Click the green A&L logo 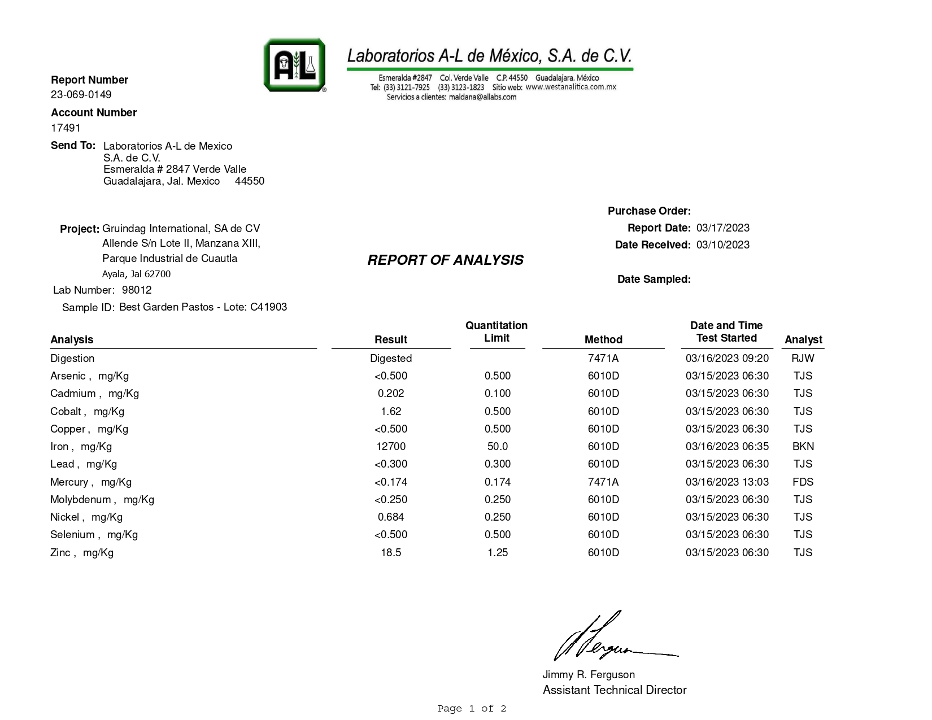[294, 65]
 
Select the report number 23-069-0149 [81, 94]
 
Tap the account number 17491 [66, 128]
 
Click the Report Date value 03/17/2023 [723, 228]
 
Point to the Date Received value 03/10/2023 [723, 245]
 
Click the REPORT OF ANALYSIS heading [445, 260]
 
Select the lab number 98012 [137, 290]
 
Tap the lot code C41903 [268, 307]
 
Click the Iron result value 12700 [391, 446]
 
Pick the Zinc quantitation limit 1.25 [498, 552]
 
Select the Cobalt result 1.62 [391, 411]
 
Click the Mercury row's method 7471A [603, 482]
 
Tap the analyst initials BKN [803, 446]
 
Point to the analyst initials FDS [803, 482]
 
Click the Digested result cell [391, 358]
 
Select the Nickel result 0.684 [391, 517]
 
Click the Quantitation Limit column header [497, 331]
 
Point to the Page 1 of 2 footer [472, 708]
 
